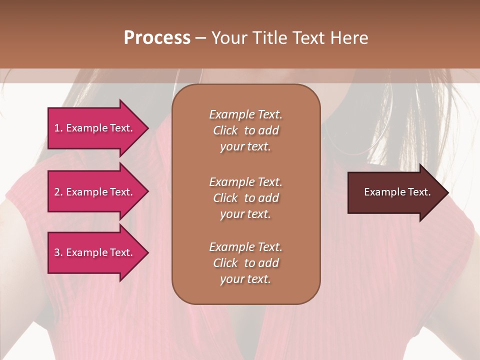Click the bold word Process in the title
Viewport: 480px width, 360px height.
157,38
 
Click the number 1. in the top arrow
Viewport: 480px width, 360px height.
58,128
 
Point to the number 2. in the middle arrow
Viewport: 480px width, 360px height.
58,192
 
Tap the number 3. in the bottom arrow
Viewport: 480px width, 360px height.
58,252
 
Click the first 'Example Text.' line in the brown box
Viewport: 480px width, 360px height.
245,114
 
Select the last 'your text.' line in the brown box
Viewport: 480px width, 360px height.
245,279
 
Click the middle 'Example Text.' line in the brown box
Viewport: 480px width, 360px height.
245,181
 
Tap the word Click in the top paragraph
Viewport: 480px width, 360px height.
225,130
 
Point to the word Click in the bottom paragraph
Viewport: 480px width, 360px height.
225,263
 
